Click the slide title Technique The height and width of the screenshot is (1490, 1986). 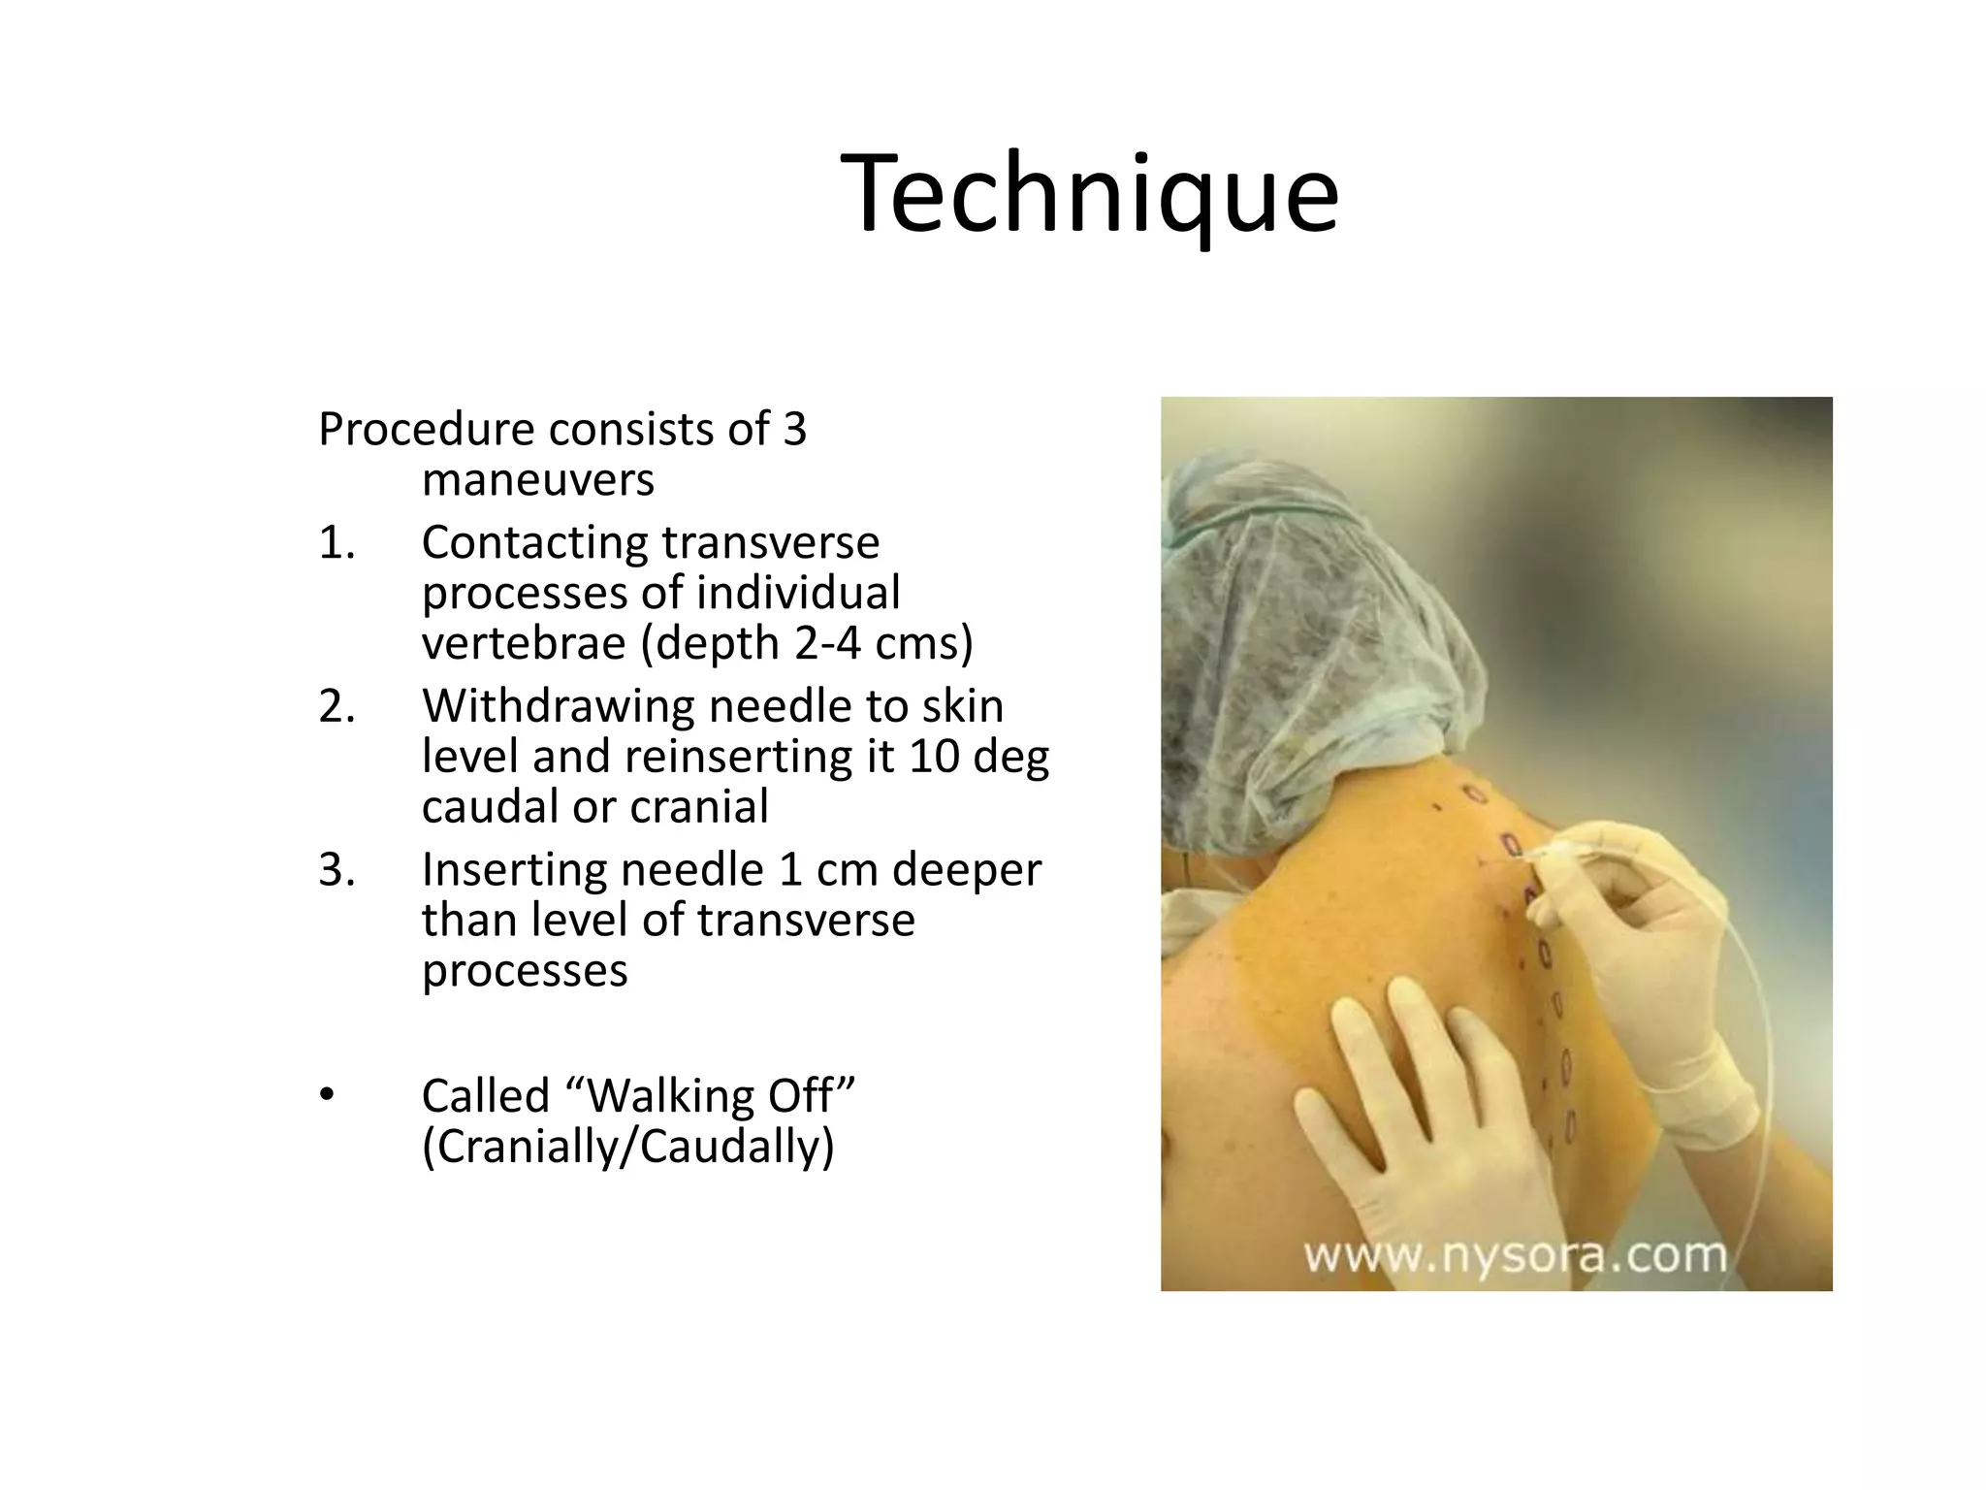coord(1089,194)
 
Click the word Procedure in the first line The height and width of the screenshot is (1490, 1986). coord(426,430)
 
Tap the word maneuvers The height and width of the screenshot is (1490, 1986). coord(538,479)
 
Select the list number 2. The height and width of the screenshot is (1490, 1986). coord(336,706)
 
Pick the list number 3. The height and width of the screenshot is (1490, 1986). coord(336,870)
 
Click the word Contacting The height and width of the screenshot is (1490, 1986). coord(535,543)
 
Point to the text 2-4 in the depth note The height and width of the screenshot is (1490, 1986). coord(827,643)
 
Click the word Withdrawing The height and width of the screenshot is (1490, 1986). coord(558,706)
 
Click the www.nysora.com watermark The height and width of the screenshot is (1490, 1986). coord(1515,1255)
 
